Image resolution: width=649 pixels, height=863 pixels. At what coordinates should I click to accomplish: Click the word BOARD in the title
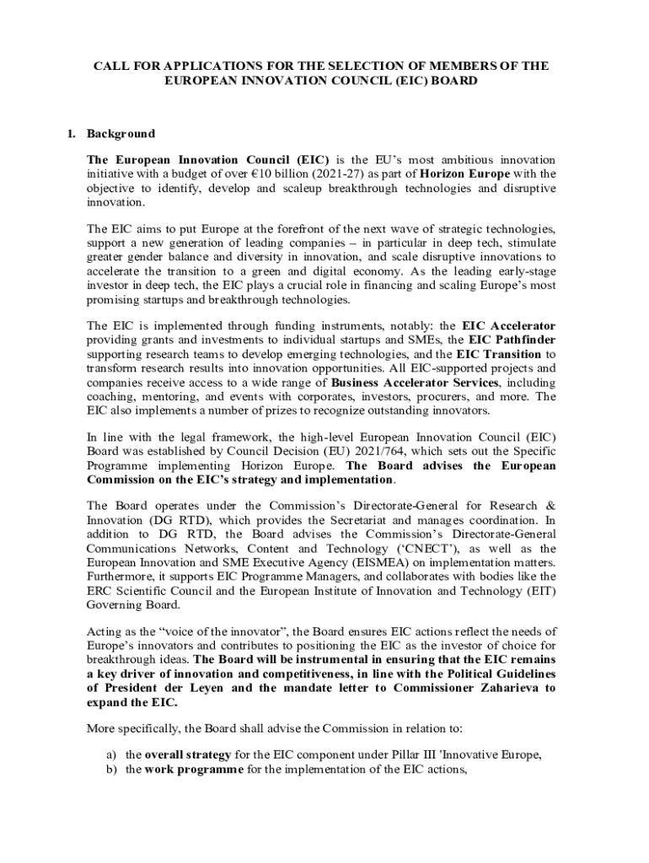tap(451, 81)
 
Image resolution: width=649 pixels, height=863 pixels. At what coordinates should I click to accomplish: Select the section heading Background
tap(121, 133)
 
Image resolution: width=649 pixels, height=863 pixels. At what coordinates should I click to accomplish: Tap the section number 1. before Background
tap(72, 133)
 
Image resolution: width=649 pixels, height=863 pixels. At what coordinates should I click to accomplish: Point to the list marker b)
tap(110, 769)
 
